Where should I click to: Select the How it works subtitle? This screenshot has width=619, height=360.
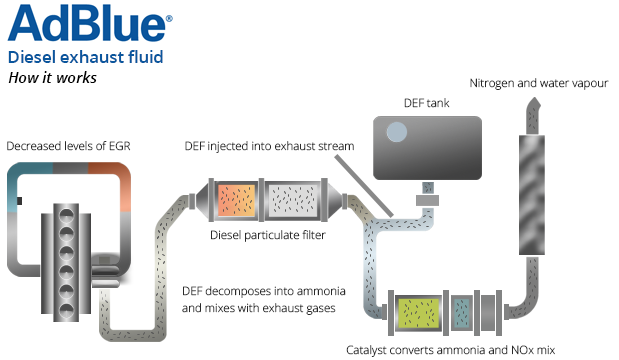tap(51, 78)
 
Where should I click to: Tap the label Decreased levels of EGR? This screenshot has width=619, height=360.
tap(68, 147)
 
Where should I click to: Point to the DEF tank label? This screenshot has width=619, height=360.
tap(419, 103)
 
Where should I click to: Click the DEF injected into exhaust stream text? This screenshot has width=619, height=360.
tap(270, 147)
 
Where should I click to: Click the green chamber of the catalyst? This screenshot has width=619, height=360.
tap(419, 312)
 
